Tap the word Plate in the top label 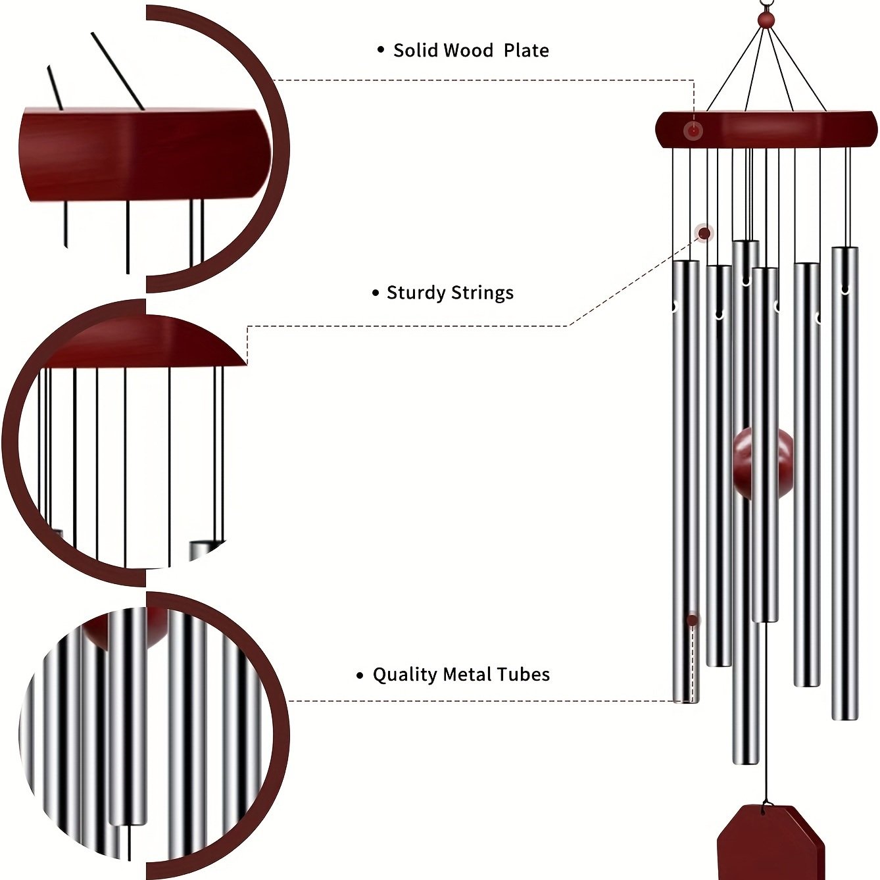[x=526, y=51]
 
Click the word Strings [x=484, y=293]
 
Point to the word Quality [x=404, y=675]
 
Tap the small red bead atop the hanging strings [x=764, y=21]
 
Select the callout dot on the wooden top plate [x=693, y=130]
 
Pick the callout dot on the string [x=704, y=233]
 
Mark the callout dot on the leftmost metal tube [x=692, y=620]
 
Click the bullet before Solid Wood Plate [x=381, y=50]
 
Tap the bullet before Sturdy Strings [x=376, y=293]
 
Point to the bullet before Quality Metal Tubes [x=360, y=675]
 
